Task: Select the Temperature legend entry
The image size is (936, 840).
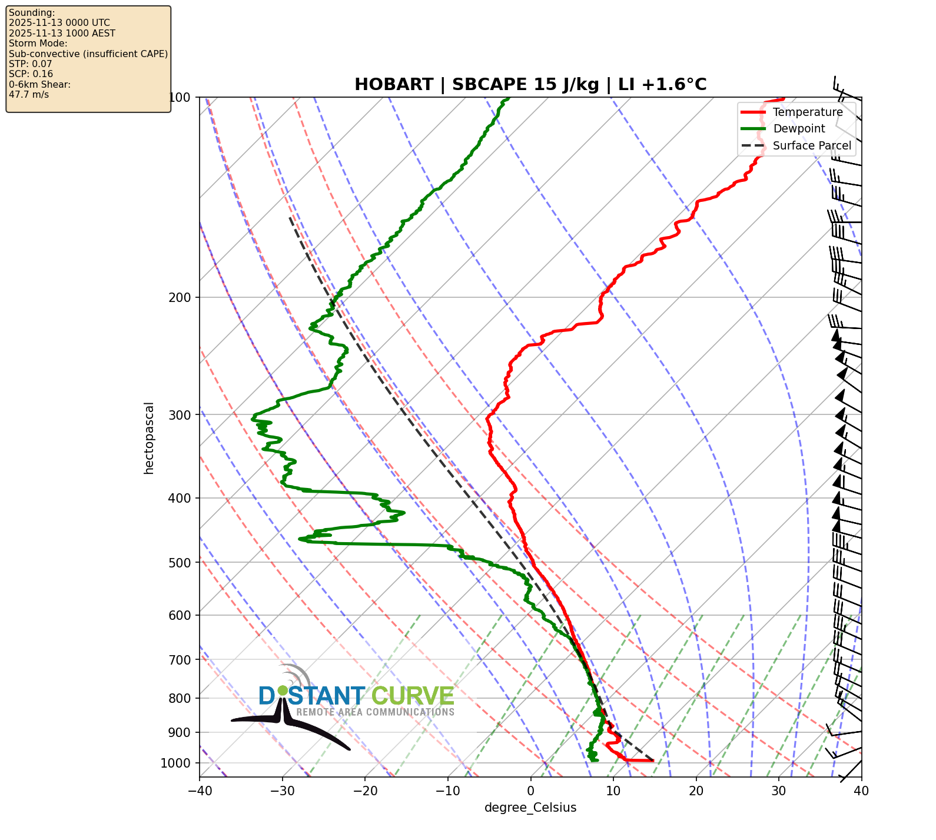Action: coord(807,112)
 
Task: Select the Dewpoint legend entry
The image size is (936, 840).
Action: coord(798,128)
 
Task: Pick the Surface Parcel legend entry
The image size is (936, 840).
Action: coord(811,145)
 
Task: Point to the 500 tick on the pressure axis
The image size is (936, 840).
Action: coord(179,563)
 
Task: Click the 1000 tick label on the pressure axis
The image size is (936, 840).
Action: coord(175,763)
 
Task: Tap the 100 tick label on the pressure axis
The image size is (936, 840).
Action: coord(179,97)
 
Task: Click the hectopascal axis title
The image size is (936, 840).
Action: coord(149,438)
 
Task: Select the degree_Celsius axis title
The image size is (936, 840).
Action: coord(530,808)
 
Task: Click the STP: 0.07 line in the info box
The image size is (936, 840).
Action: coord(31,64)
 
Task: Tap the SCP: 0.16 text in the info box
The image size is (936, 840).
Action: coord(31,74)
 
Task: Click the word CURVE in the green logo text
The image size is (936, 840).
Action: coord(412,696)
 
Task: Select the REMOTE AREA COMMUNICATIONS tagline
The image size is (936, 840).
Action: coord(375,712)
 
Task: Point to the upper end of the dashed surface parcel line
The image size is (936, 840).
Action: coord(290,217)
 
